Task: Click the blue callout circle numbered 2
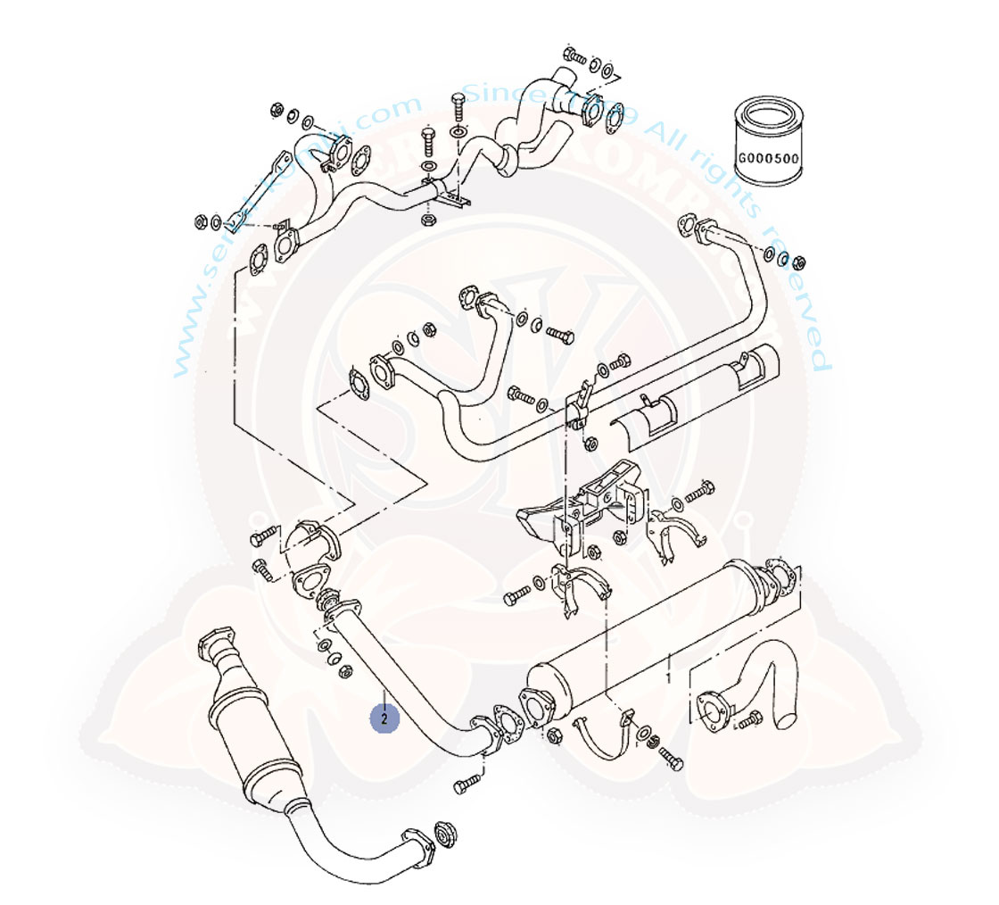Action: (x=384, y=717)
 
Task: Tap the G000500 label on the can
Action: (x=768, y=161)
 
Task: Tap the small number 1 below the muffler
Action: (x=670, y=678)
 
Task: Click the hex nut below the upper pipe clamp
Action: (x=427, y=220)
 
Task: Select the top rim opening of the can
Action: (x=768, y=114)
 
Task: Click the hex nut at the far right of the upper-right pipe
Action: (x=799, y=262)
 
